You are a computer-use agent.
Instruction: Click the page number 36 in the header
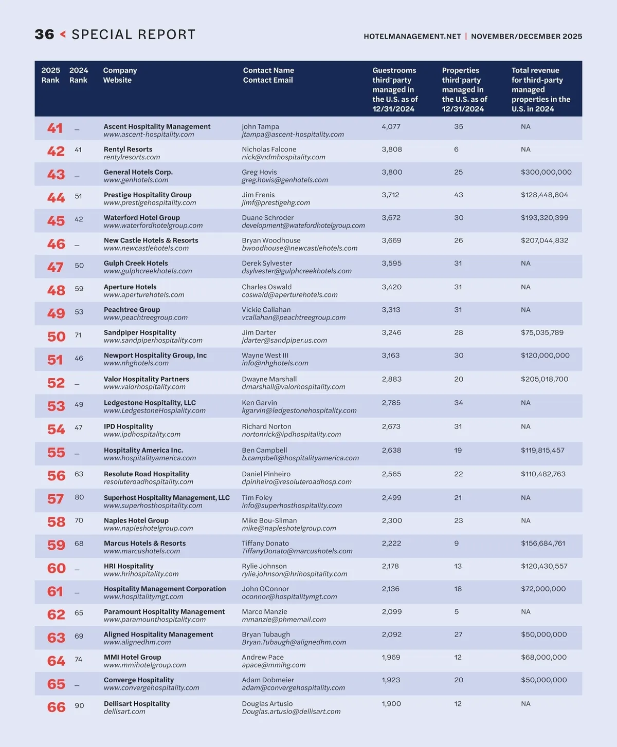tap(44, 34)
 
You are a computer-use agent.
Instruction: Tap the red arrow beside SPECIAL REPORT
tap(63, 34)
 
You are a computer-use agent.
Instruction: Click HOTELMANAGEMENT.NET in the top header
tap(412, 36)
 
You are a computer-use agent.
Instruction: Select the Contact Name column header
tap(268, 70)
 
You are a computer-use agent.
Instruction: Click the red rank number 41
tap(55, 128)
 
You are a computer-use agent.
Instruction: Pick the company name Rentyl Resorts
tap(128, 150)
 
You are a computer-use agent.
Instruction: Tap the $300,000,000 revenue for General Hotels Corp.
tap(546, 172)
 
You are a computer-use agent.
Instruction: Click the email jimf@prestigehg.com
tap(276, 203)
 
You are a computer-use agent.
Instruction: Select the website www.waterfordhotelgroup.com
tap(153, 226)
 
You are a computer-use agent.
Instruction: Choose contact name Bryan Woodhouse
tap(271, 240)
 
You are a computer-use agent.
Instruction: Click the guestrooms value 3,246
tap(391, 332)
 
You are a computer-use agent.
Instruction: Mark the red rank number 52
tap(56, 383)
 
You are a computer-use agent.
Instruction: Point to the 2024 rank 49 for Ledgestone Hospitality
tap(79, 404)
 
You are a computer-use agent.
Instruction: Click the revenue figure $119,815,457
tap(542, 450)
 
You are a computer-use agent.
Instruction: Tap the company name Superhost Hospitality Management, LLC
tap(167, 498)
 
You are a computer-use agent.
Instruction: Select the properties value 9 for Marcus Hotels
tap(456, 543)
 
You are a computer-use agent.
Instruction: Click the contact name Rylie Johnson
tap(264, 566)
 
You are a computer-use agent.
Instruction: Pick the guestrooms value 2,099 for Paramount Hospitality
tap(391, 611)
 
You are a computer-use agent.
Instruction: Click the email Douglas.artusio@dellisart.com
tap(291, 712)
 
